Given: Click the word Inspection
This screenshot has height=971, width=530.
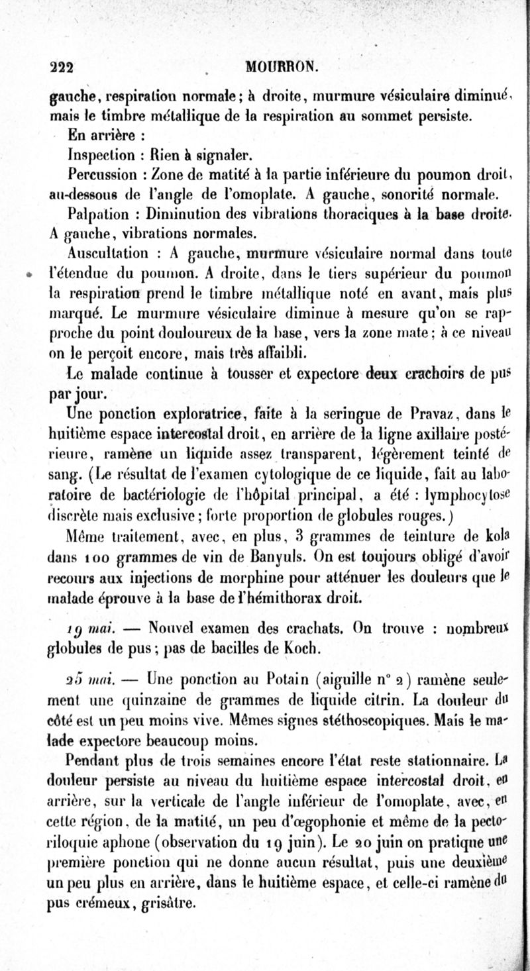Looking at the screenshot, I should pos(101,156).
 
